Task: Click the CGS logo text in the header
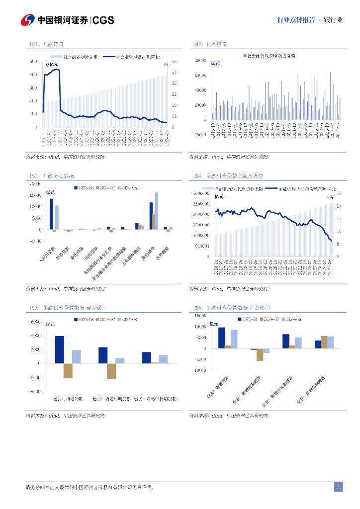pyautogui.click(x=103, y=20)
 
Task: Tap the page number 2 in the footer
pyautogui.click(x=338, y=487)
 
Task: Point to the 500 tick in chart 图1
pyautogui.click(x=33, y=62)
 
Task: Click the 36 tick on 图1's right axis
pyautogui.click(x=174, y=62)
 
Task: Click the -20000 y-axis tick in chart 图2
pyautogui.click(x=199, y=135)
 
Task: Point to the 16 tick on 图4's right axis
pyautogui.click(x=339, y=193)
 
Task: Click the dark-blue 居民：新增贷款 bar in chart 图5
pyautogui.click(x=60, y=349)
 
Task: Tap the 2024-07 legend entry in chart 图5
pyautogui.click(x=107, y=319)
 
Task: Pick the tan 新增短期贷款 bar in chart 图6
pyautogui.click(x=260, y=354)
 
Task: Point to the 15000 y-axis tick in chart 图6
pyautogui.click(x=200, y=315)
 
